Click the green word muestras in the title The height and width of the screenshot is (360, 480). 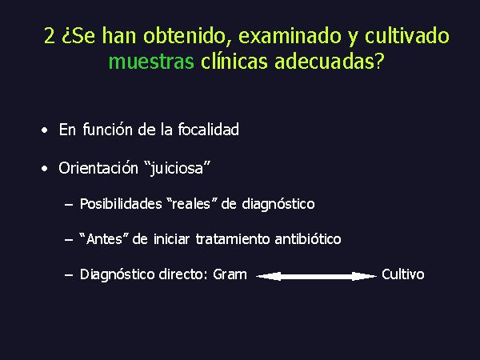coord(151,62)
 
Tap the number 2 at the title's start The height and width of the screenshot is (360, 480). coord(50,35)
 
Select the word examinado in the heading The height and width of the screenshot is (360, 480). coord(290,35)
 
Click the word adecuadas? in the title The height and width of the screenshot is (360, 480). coord(329,61)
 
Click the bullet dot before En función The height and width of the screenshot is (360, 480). coord(45,130)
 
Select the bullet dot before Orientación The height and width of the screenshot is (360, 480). coord(45,169)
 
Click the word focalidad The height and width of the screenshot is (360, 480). coord(209,129)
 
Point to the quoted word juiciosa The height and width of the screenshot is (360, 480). coord(178,168)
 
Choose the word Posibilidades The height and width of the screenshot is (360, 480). coord(121,204)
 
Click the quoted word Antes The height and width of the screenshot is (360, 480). coord(103,238)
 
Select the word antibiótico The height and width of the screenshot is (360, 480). coord(308,238)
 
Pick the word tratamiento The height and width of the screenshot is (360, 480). coord(233,238)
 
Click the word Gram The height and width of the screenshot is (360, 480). coord(230,274)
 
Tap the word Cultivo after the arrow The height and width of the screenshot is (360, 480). coord(403,274)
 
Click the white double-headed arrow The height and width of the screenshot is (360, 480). coord(316,277)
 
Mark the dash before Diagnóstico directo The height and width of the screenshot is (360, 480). coord(69,275)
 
